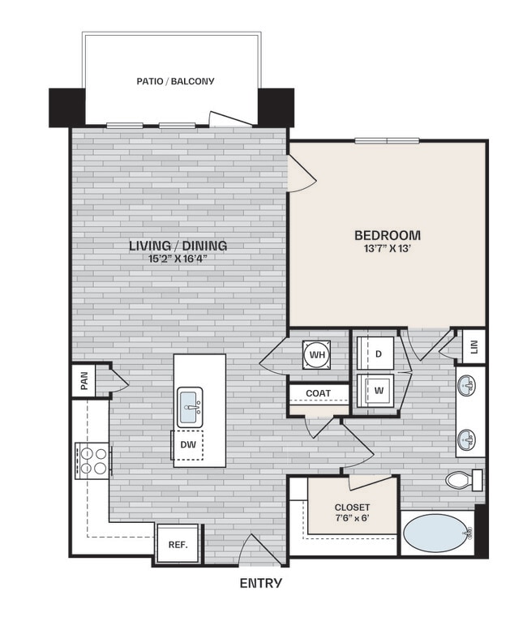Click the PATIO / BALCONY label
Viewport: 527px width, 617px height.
coord(175,81)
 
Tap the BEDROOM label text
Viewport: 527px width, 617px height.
coord(388,235)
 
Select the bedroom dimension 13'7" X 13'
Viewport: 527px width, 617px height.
coord(388,249)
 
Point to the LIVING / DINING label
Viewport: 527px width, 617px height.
coord(178,246)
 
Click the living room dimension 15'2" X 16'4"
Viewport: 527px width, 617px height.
coord(178,259)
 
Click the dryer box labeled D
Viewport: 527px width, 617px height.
coord(378,353)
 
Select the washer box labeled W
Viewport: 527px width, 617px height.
coord(378,390)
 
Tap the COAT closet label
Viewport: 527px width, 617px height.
coord(318,393)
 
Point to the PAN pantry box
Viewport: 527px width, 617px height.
coord(83,379)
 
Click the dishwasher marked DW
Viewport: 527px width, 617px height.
coord(186,444)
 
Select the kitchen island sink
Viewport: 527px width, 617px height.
coord(190,404)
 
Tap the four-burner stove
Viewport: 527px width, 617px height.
coord(92,460)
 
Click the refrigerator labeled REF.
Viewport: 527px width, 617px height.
coord(178,544)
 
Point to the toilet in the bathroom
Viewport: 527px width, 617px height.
coord(463,479)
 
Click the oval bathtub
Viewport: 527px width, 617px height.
coord(438,533)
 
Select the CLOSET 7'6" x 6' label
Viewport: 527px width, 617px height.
coord(352,512)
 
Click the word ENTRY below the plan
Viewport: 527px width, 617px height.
coord(261,583)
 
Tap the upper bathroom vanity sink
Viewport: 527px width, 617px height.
coord(467,385)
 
